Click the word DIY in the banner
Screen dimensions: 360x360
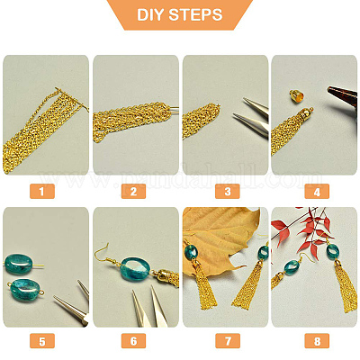[x=150, y=14]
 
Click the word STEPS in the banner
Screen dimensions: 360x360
[x=195, y=14]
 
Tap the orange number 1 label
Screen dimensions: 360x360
[x=42, y=191]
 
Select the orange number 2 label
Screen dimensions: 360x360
[x=133, y=191]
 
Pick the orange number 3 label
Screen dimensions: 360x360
[x=228, y=191]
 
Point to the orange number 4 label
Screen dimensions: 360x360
[x=317, y=191]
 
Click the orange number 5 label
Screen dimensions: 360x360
[x=42, y=341]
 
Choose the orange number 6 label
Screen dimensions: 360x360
[x=133, y=341]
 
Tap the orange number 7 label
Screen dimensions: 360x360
[x=228, y=341]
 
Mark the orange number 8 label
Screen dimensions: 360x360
[x=317, y=341]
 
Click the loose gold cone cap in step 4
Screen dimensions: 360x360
[x=295, y=95]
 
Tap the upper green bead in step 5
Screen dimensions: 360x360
[x=19, y=264]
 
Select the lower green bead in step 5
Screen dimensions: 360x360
[x=24, y=290]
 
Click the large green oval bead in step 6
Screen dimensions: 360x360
[x=135, y=268]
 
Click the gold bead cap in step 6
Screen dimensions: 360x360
[x=161, y=274]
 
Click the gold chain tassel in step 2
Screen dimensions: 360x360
[x=132, y=121]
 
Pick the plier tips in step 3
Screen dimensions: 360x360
[x=251, y=118]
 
